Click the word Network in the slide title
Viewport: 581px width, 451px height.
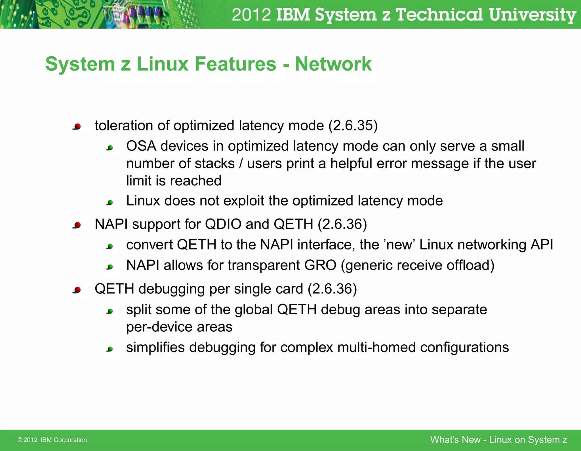(x=333, y=64)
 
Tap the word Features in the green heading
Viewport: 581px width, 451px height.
(x=235, y=64)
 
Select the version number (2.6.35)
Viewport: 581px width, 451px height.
(x=353, y=126)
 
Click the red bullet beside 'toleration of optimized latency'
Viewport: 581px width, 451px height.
(x=77, y=126)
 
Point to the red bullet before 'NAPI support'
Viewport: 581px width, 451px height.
(x=77, y=225)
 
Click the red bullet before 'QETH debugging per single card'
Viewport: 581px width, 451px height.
(x=77, y=290)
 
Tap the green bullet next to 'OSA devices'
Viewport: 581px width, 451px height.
(x=110, y=147)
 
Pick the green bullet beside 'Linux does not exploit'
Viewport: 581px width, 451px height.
(x=110, y=202)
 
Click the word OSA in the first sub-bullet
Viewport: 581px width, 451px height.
(x=141, y=146)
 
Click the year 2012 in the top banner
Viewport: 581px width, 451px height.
(x=251, y=15)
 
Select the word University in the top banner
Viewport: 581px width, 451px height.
(x=532, y=15)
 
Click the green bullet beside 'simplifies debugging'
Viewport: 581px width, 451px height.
(x=110, y=349)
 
